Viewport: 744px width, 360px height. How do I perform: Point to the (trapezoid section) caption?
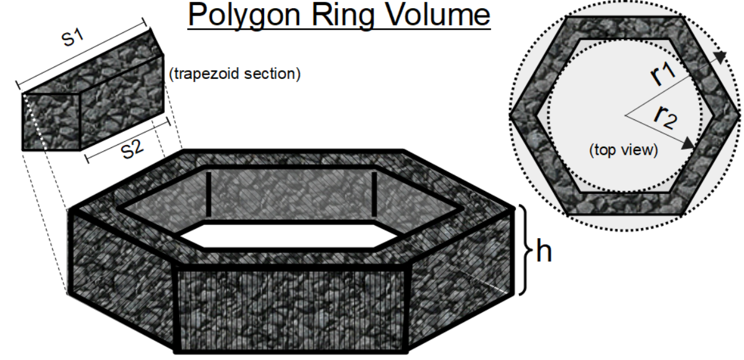click(234, 75)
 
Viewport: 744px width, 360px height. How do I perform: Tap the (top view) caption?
click(623, 149)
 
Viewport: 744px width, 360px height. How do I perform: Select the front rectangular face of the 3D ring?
click(292, 305)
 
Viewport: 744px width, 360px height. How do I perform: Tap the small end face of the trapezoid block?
click(52, 122)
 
